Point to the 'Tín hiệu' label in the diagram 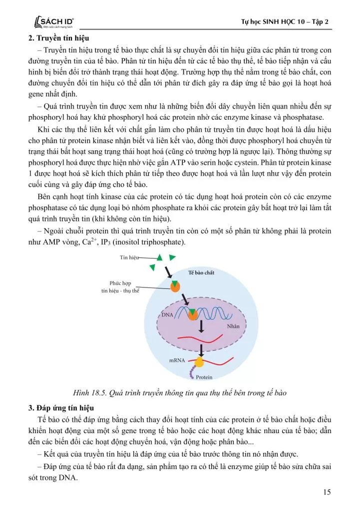pyautogui.click(x=128, y=257)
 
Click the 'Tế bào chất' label pyautogui.click(x=201, y=273)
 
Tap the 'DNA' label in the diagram pyautogui.click(x=167, y=315)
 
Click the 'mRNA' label pyautogui.click(x=177, y=360)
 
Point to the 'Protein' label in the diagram pyautogui.click(x=204, y=377)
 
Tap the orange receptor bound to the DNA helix pyautogui.click(x=193, y=314)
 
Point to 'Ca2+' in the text pyautogui.click(x=79, y=242)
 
